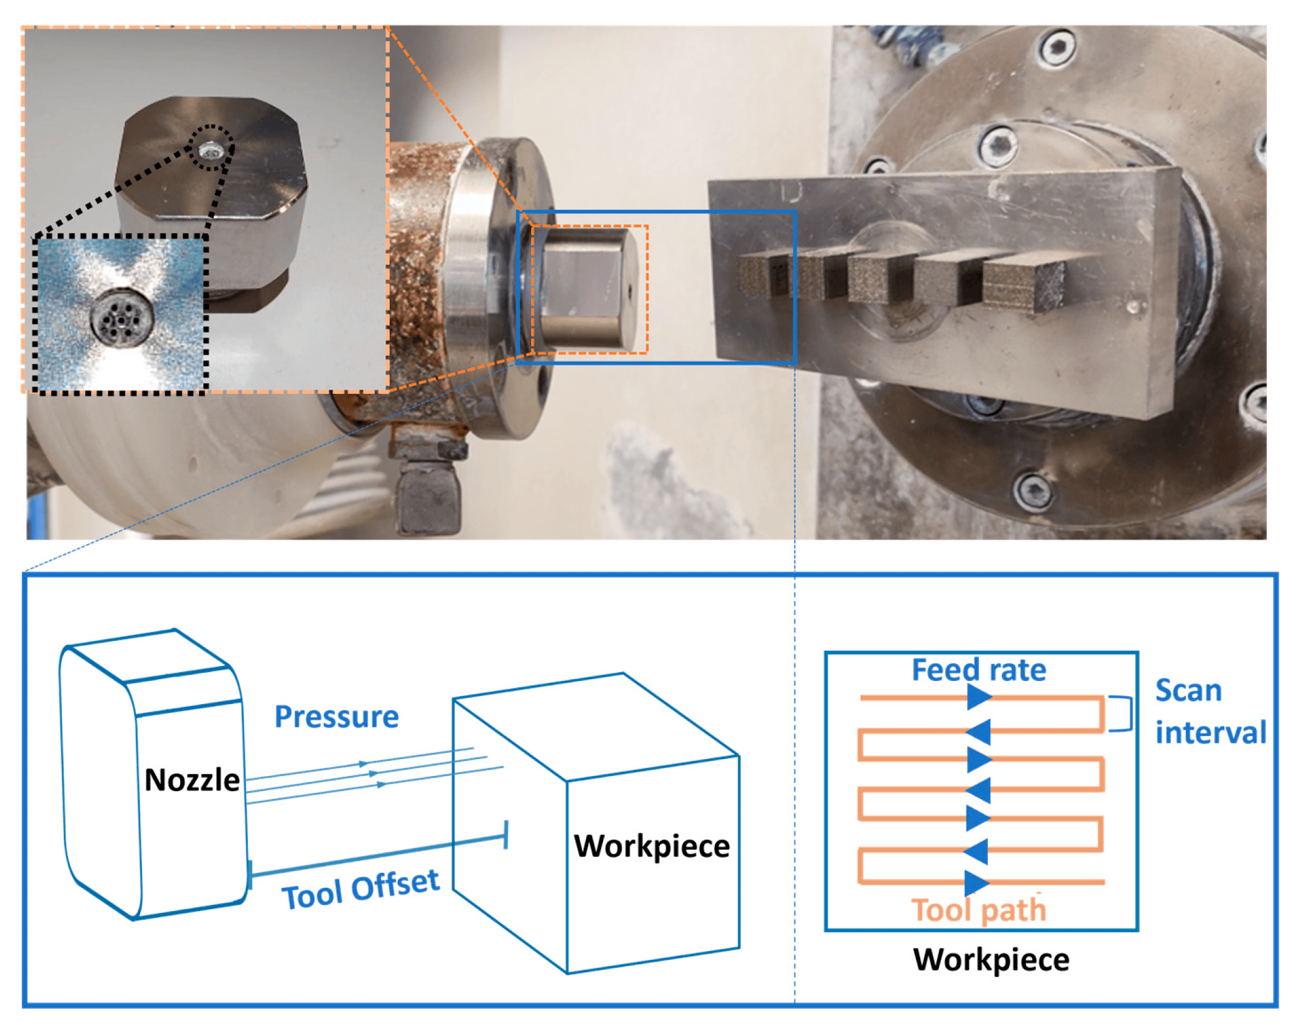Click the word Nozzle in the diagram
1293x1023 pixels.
point(191,780)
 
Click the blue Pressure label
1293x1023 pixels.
point(337,717)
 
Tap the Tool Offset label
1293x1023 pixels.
point(360,889)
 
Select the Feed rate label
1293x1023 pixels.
point(978,670)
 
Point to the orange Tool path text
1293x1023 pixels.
point(978,910)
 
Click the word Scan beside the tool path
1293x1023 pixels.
point(1188,691)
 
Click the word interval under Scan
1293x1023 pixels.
point(1210,732)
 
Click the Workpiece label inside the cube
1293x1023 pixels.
point(651,846)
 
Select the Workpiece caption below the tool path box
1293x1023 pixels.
point(991,959)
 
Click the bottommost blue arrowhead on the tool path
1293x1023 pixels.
point(976,883)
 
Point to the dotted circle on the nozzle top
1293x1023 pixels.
point(212,148)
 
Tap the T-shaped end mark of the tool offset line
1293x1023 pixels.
point(505,835)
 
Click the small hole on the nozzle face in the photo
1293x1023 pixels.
point(629,288)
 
